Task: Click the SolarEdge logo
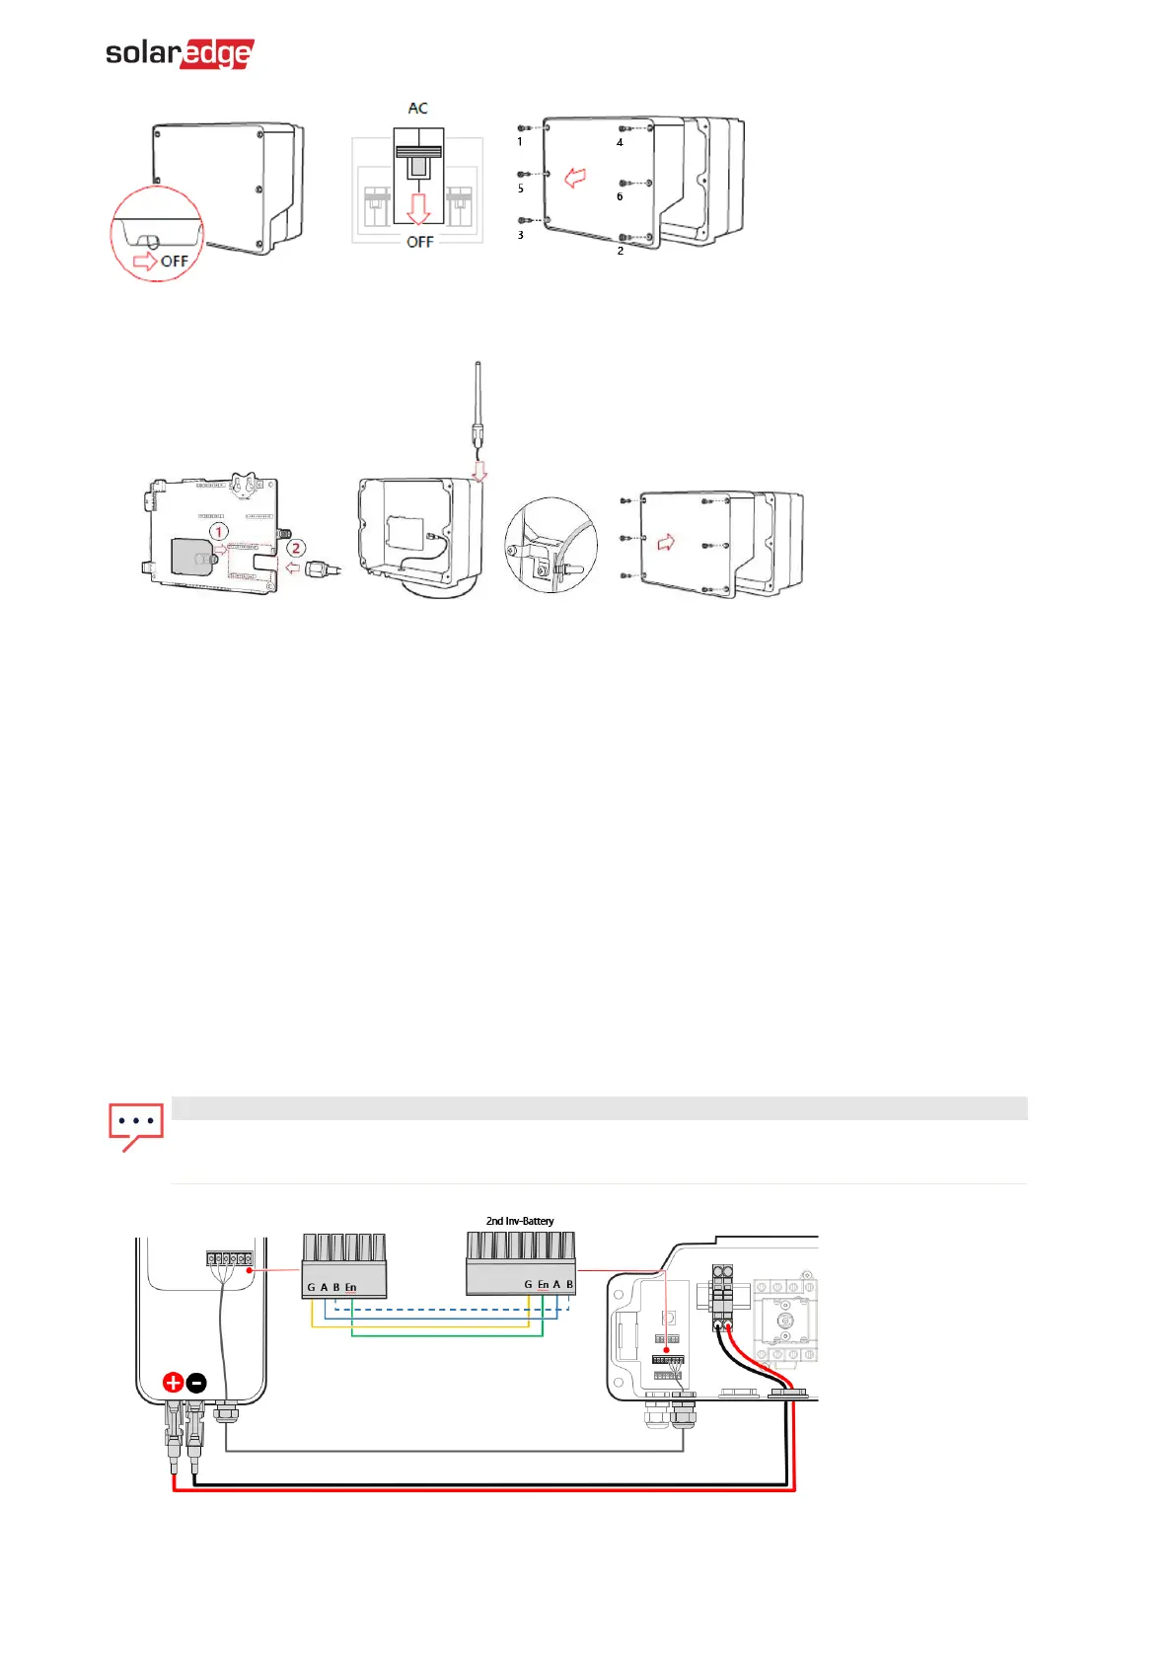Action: click(180, 53)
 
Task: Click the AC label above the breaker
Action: click(418, 109)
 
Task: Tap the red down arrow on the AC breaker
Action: click(419, 208)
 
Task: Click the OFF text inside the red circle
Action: click(174, 262)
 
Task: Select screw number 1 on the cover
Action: click(525, 128)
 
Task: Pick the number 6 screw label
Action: click(620, 196)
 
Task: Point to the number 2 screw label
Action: click(621, 251)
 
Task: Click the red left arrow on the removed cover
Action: click(574, 178)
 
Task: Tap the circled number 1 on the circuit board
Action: click(219, 532)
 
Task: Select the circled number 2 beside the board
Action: click(295, 548)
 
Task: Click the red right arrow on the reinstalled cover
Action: click(666, 542)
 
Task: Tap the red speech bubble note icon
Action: click(135, 1125)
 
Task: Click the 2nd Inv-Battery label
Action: click(520, 1221)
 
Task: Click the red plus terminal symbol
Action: click(173, 1383)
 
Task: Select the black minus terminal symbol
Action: click(196, 1383)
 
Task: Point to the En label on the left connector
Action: click(350, 1287)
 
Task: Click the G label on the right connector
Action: click(528, 1284)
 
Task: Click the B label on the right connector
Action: click(569, 1284)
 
